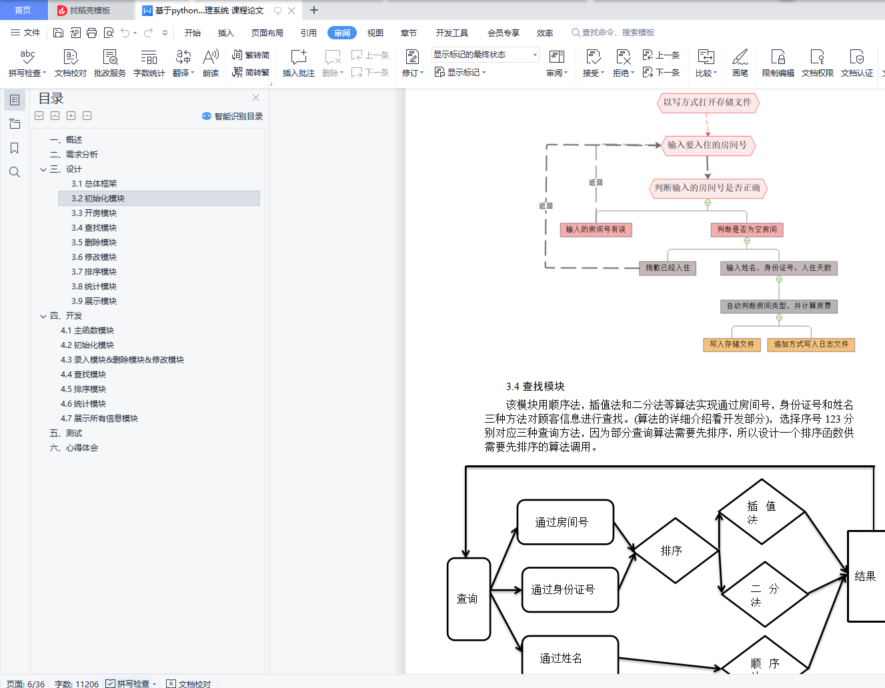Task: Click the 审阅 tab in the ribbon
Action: [x=341, y=33]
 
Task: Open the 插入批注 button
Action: [x=298, y=63]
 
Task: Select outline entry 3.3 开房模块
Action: [x=94, y=213]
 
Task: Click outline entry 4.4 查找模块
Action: [x=83, y=375]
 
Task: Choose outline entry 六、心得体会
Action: [x=74, y=448]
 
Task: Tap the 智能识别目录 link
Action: [x=233, y=117]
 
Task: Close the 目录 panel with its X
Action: [x=255, y=98]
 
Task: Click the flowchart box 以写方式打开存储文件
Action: [x=707, y=103]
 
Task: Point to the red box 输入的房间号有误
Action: [x=596, y=230]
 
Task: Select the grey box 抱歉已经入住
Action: [x=668, y=268]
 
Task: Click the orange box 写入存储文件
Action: [x=732, y=345]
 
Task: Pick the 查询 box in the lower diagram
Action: [x=468, y=599]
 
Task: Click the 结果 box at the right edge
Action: [x=865, y=577]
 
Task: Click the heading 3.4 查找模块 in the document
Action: [x=536, y=387]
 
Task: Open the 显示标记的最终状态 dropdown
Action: [x=485, y=55]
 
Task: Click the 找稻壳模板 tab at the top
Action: [x=89, y=11]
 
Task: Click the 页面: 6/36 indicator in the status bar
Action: [x=26, y=684]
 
